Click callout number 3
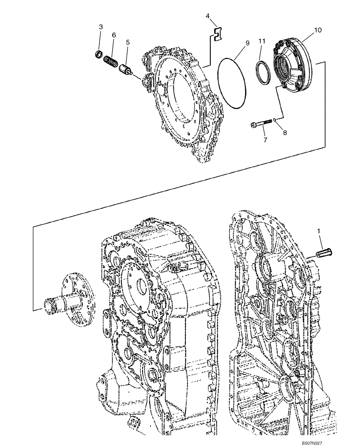click(101, 28)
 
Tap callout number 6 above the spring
click(114, 35)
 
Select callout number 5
click(127, 42)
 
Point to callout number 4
click(208, 17)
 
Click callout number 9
click(247, 43)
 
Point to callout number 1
click(319, 230)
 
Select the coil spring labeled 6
click(110, 62)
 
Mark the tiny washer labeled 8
click(276, 120)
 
